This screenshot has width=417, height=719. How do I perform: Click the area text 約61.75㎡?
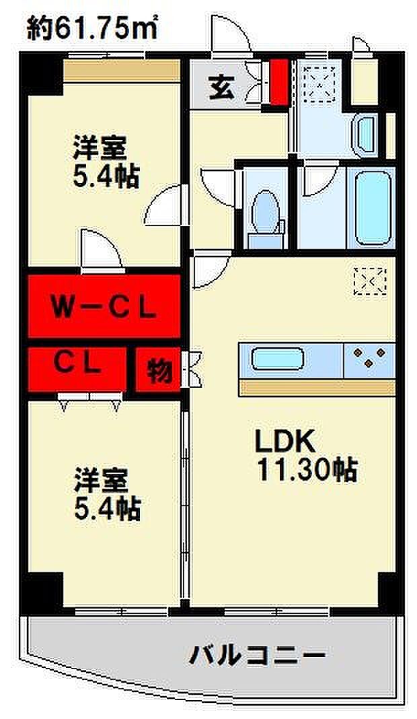[x=92, y=29]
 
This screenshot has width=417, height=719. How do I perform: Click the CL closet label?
[x=77, y=364]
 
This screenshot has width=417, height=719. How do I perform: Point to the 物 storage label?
[x=160, y=370]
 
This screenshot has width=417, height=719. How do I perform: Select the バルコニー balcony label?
[x=258, y=656]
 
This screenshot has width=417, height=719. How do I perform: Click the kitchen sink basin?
[x=278, y=359]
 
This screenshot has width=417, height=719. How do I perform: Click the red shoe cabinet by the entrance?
[x=278, y=82]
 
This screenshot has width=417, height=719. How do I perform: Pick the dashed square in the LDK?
[x=370, y=281]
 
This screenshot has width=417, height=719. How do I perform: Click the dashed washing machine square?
[x=319, y=83]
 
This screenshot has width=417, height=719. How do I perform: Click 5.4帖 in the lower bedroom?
[x=107, y=508]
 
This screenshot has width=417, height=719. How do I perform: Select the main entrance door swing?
[x=231, y=33]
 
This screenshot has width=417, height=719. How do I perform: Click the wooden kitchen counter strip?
[x=317, y=388]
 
